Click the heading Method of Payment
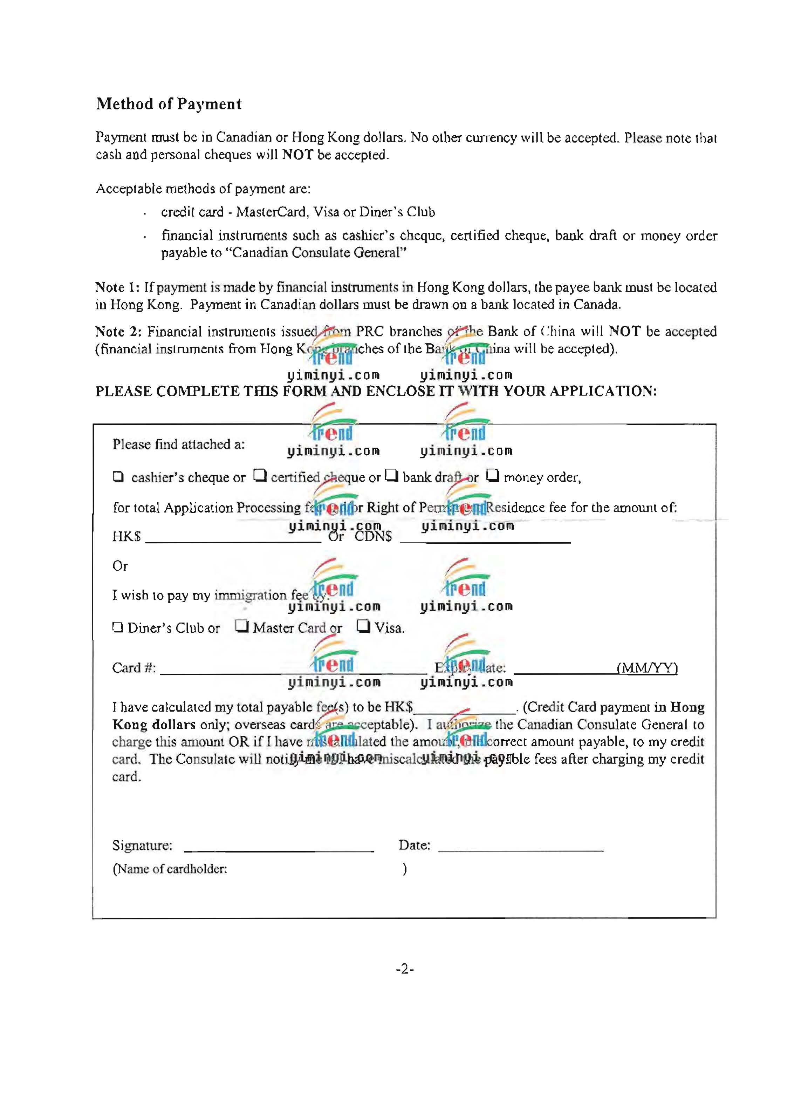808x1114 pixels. pyautogui.click(x=169, y=104)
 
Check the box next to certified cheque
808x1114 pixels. pyautogui.click(x=260, y=475)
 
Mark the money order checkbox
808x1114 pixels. pyautogui.click(x=492, y=475)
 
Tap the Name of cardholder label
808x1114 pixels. pyautogui.click(x=170, y=869)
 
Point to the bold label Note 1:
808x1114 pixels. pyautogui.click(x=118, y=287)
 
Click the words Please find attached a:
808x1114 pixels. pyautogui.click(x=178, y=444)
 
